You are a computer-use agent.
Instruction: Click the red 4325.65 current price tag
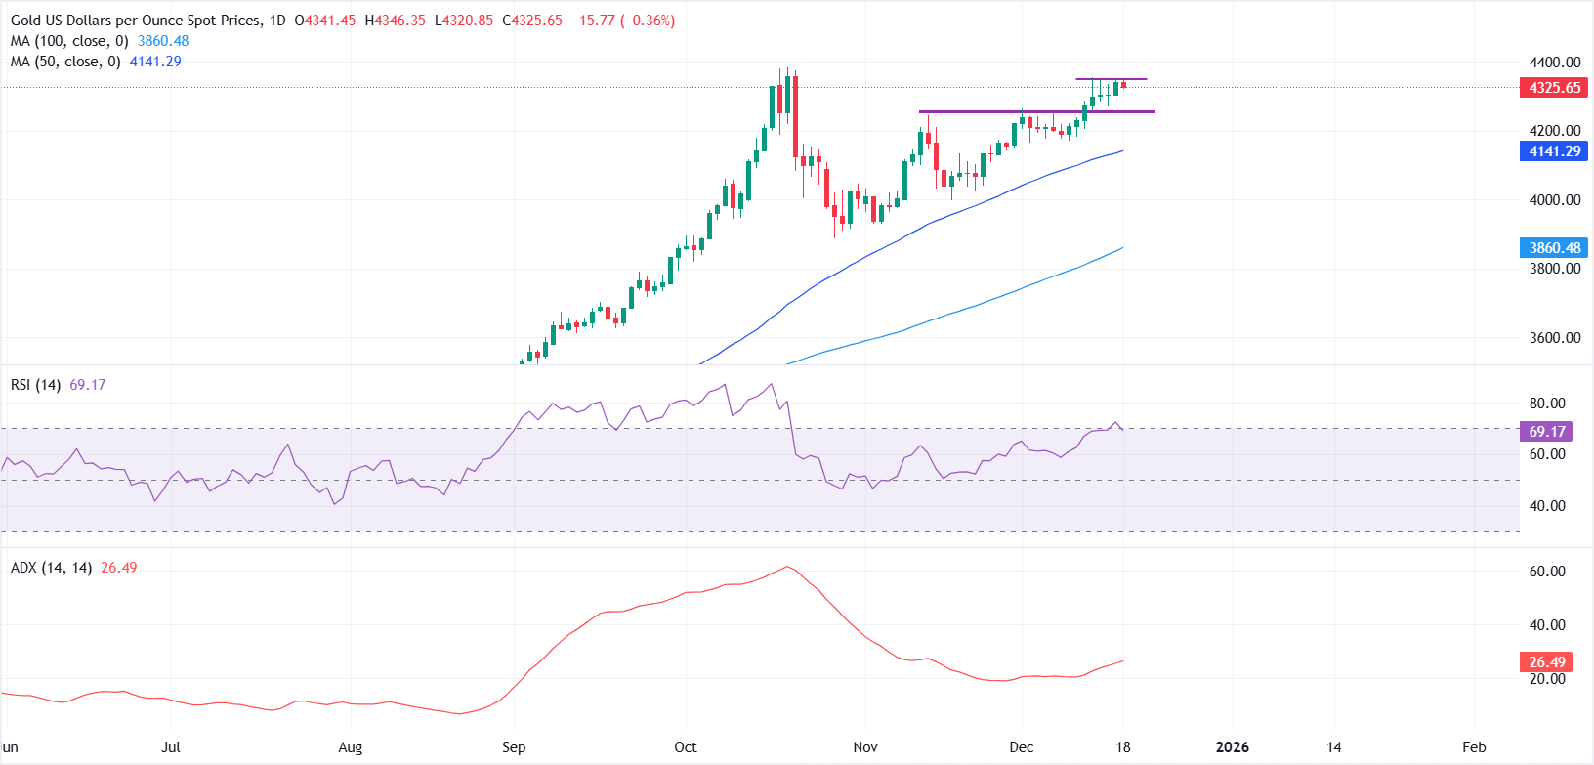1554,88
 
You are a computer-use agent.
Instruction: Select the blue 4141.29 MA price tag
1554,151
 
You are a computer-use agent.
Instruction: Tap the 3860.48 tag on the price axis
1554,248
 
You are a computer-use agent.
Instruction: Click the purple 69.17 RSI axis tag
1547,432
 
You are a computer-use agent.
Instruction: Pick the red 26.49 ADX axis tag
1547,662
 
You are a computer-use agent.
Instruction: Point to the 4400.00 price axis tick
1555,63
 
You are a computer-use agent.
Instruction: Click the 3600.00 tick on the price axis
1555,338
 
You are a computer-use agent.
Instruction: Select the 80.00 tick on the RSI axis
1547,404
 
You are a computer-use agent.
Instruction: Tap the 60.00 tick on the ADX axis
1547,572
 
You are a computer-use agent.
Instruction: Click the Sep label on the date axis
514,747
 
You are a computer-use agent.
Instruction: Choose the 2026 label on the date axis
1232,747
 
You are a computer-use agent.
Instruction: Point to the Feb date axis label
1474,747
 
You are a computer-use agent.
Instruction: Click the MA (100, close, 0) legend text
69,41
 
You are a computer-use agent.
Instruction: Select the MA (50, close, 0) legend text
65,62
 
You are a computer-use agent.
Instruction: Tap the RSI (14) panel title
36,385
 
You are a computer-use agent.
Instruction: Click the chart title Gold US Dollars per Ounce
137,21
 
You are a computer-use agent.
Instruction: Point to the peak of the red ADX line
787,567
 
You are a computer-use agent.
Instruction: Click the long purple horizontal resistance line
1036,112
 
